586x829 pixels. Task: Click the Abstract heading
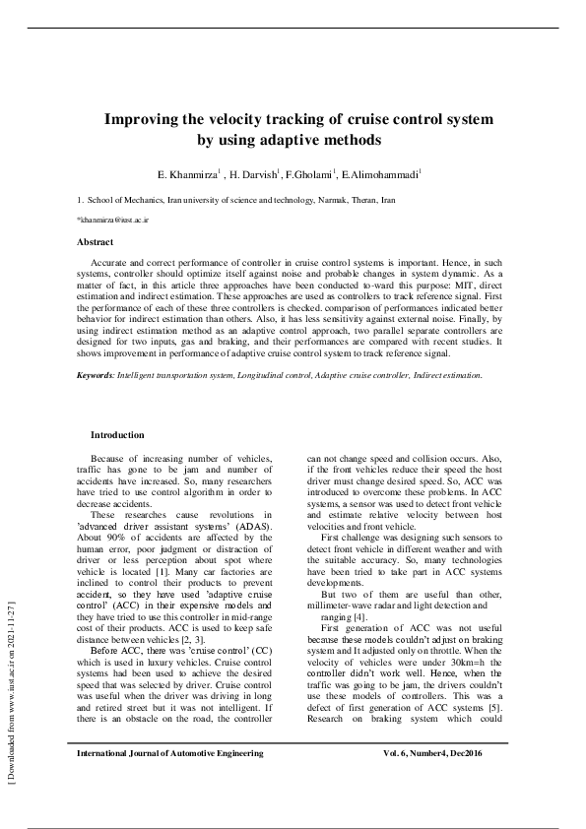(95, 241)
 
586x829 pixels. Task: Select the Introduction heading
(117, 434)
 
